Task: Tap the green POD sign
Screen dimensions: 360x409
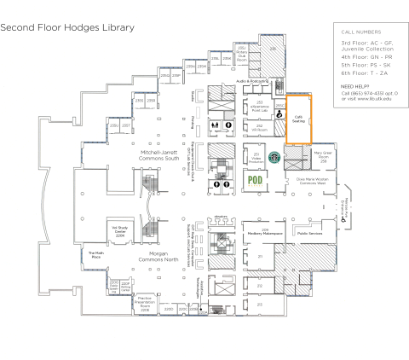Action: [x=254, y=180]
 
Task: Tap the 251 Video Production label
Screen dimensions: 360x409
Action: [x=256, y=158]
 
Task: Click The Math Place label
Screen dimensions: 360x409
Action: [x=95, y=254]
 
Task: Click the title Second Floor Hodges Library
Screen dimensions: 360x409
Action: [x=67, y=27]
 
